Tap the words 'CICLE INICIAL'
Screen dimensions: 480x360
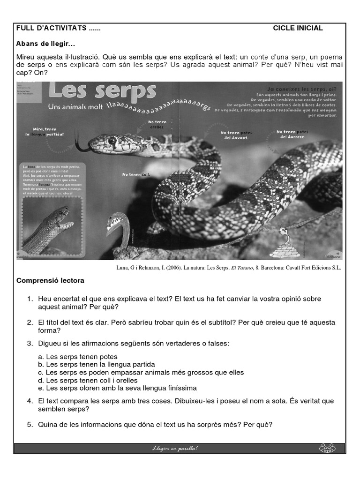coord(298,28)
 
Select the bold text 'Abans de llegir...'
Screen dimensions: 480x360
coord(45,44)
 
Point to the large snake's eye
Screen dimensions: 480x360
coord(112,140)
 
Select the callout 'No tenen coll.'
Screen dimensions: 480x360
coord(133,175)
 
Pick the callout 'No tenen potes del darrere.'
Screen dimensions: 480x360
coord(292,134)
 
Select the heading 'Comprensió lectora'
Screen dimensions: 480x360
coord(50,281)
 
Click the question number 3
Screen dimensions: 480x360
coord(29,344)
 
